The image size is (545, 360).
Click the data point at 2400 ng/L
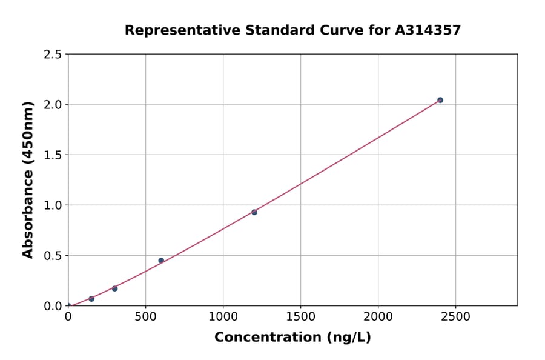click(x=440, y=100)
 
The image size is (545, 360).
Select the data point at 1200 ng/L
click(x=254, y=212)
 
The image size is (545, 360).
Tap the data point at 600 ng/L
click(x=161, y=261)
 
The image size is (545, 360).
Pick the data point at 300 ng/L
click(x=114, y=288)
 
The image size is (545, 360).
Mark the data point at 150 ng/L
click(x=91, y=299)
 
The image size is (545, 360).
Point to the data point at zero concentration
click(x=68, y=306)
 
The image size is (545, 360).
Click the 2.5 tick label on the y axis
click(x=53, y=55)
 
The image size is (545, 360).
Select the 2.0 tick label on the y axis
click(x=53, y=105)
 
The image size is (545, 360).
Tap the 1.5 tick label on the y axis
click(x=53, y=155)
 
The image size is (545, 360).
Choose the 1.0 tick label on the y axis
click(x=53, y=205)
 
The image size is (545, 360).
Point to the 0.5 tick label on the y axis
click(x=53, y=256)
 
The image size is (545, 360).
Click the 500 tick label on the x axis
click(x=145, y=316)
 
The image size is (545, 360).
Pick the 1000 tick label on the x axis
click(x=223, y=316)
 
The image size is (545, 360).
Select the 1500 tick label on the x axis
click(x=301, y=316)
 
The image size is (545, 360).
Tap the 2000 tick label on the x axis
click(x=378, y=316)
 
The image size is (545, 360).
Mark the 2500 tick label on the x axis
click(x=456, y=316)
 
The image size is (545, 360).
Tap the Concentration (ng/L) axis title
click(x=292, y=338)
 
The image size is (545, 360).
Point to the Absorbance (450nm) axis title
click(x=28, y=179)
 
